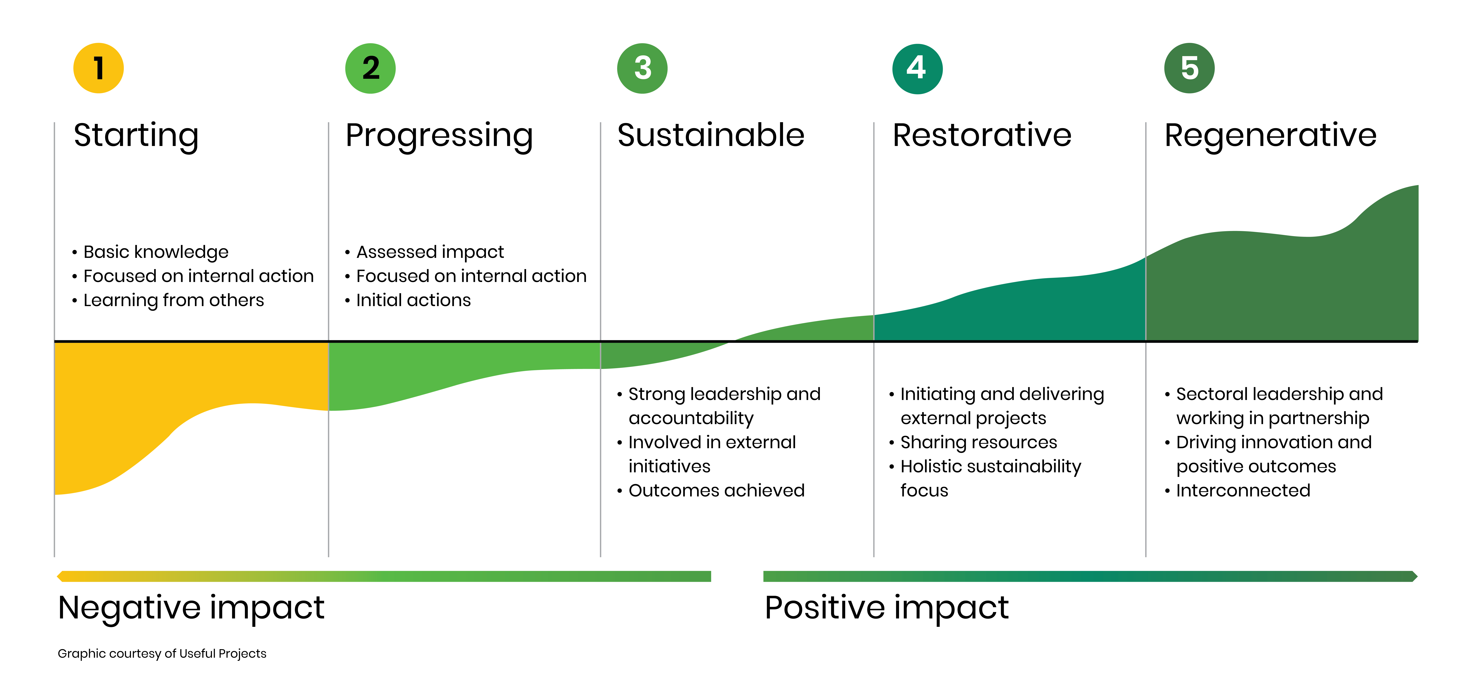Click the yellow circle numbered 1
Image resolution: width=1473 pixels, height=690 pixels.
(x=98, y=68)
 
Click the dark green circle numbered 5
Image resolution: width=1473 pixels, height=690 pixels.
(x=1189, y=68)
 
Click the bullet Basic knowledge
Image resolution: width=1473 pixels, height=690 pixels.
(x=156, y=252)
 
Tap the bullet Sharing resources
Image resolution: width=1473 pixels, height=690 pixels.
(x=978, y=442)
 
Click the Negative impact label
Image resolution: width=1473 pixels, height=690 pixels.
(x=191, y=608)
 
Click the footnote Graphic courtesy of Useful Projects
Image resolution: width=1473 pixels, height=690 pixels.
(x=162, y=653)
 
